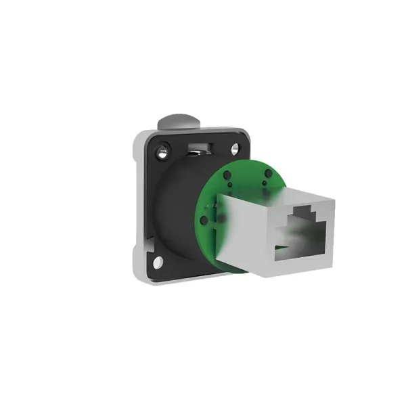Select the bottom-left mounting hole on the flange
point(157,261)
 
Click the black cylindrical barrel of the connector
point(177,217)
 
